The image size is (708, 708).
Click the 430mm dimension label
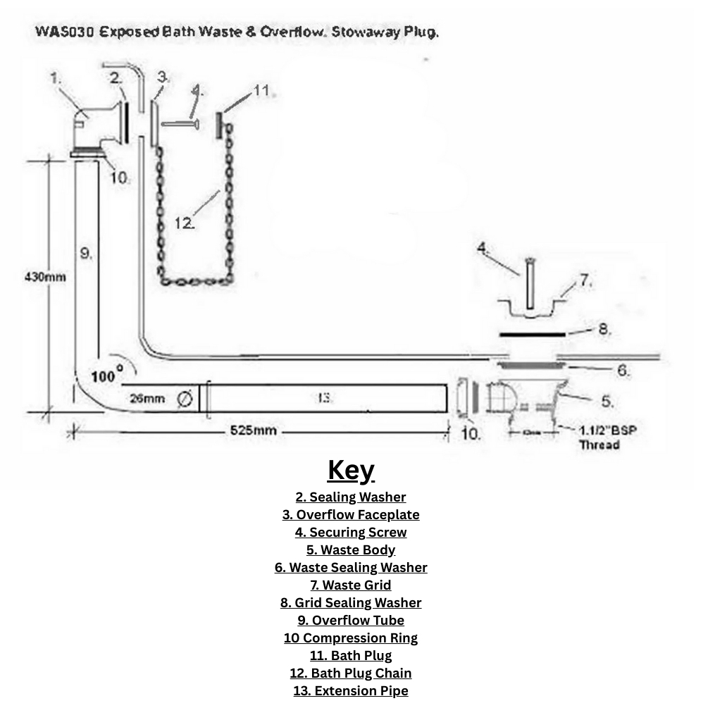(45, 277)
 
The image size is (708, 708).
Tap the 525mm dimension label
(254, 430)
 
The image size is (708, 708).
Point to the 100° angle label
(106, 375)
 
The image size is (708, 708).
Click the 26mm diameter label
(147, 399)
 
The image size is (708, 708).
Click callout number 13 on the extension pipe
(325, 398)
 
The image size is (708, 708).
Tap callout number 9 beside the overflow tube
(86, 253)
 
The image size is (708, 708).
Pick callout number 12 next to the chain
(185, 223)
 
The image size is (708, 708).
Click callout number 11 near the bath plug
(261, 90)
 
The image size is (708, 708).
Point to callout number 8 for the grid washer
(604, 329)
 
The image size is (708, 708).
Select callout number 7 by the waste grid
(585, 280)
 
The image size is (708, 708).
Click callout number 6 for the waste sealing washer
(623, 370)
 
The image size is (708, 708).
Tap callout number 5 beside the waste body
(607, 401)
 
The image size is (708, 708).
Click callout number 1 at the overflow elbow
(56, 78)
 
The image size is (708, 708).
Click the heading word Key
(351, 470)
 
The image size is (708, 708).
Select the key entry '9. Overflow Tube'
(351, 620)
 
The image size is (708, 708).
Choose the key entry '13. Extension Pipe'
(351, 690)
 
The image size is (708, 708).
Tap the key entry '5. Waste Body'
(351, 549)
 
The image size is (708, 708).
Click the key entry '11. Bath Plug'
(351, 655)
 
